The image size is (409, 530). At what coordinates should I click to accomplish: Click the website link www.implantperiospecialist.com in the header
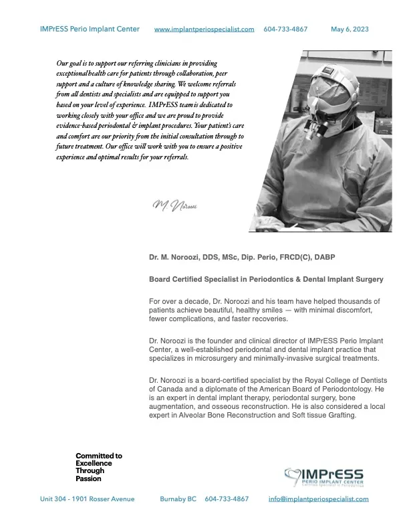click(x=204, y=29)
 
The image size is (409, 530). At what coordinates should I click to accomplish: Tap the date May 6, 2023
click(x=350, y=29)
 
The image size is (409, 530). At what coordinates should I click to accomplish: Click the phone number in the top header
click(x=285, y=29)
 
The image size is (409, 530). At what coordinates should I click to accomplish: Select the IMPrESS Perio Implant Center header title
click(x=90, y=29)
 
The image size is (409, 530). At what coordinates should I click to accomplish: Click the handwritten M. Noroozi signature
click(x=173, y=203)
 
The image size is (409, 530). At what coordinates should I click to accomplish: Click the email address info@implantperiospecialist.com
click(x=318, y=499)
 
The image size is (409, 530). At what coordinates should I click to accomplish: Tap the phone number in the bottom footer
click(x=227, y=499)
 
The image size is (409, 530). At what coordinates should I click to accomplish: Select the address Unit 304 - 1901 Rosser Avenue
click(x=88, y=499)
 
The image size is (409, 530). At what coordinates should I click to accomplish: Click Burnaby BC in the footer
click(x=178, y=499)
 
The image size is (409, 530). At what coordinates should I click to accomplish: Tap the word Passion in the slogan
click(x=89, y=479)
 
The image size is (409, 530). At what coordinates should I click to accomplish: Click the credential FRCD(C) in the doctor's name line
click(x=313, y=256)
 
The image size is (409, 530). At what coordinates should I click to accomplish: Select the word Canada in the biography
click(x=167, y=389)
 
